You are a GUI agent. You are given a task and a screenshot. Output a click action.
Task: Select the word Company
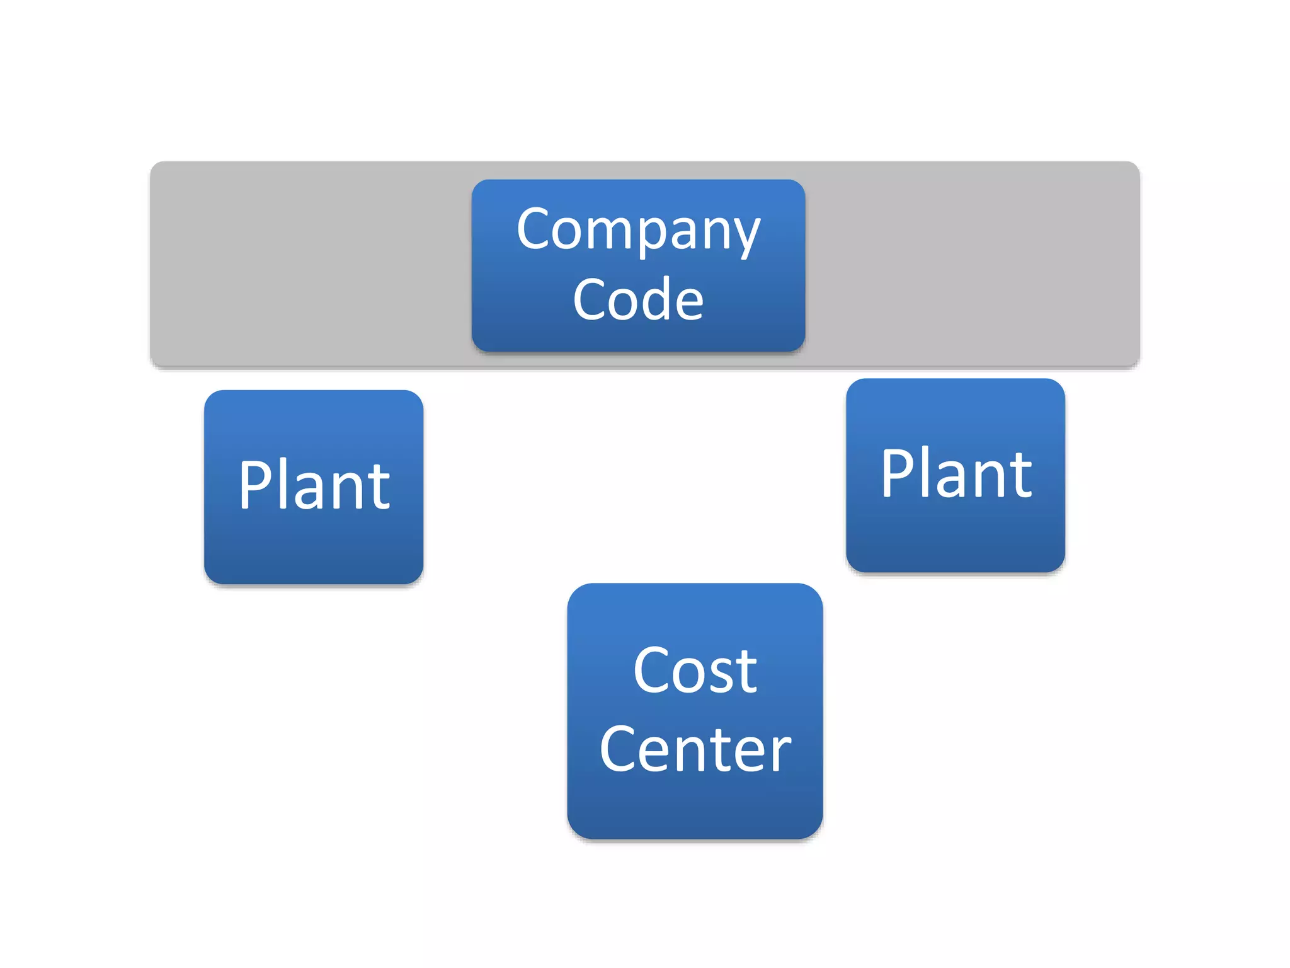[638, 231]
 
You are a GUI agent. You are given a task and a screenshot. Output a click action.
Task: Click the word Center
[695, 749]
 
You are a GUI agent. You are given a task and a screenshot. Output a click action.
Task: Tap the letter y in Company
[746, 236]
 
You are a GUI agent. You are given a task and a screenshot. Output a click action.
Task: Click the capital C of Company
[535, 228]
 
